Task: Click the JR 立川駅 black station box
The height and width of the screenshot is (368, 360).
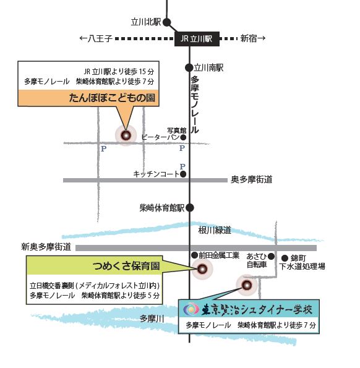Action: (x=197, y=39)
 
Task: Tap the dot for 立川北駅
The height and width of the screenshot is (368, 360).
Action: (x=167, y=22)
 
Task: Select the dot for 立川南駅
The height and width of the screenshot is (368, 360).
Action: (x=189, y=68)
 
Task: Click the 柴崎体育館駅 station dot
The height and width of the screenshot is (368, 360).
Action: (x=190, y=208)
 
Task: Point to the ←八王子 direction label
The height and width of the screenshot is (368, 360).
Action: (x=96, y=38)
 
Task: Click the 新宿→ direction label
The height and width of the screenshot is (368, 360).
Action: (x=253, y=38)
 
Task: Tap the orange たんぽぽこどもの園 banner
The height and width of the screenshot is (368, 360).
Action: (x=88, y=98)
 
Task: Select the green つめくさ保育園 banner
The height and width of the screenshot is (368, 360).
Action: (x=95, y=266)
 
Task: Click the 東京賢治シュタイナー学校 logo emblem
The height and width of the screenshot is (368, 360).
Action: (x=191, y=310)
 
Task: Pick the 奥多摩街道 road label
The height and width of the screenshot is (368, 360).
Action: (x=252, y=179)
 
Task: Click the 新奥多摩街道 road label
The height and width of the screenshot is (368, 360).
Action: (x=46, y=247)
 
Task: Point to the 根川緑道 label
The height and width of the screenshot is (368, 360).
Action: (x=215, y=230)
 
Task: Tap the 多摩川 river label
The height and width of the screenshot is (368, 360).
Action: (x=152, y=319)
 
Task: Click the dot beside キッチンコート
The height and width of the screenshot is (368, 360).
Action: (x=183, y=174)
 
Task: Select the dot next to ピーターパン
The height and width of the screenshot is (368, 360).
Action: (x=183, y=137)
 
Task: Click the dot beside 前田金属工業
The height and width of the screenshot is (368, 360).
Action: (x=195, y=255)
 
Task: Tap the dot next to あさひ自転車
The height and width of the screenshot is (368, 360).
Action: (x=271, y=256)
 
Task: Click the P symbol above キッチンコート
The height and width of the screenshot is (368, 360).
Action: (x=182, y=166)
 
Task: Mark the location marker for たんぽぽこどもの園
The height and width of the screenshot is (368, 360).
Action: (x=126, y=135)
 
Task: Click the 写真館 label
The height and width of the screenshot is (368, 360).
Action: (x=177, y=131)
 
